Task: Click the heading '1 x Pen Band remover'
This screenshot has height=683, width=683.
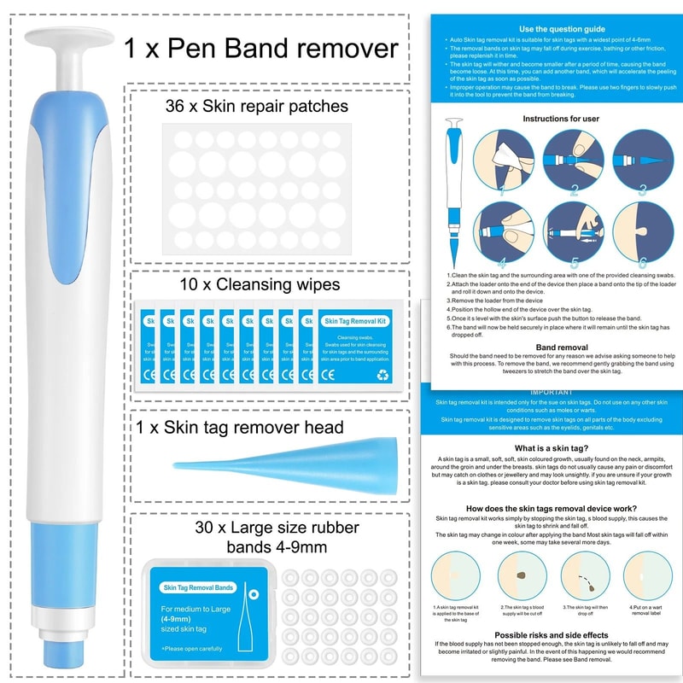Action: (260, 48)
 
